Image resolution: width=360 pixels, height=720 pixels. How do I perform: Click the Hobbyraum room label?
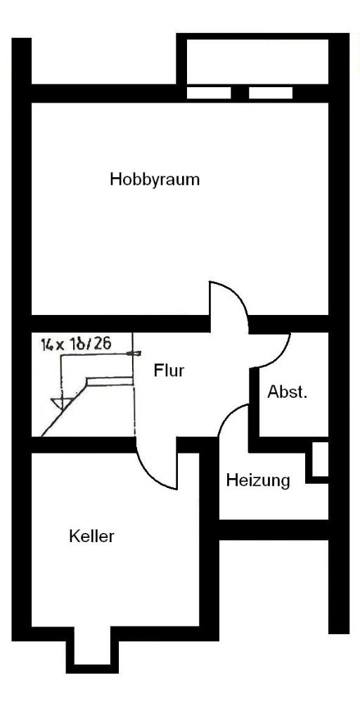[x=155, y=179]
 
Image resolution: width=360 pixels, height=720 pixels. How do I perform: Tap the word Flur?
[x=169, y=371]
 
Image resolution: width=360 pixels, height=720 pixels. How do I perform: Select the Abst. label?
[x=288, y=392]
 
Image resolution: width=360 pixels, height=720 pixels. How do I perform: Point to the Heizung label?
[x=258, y=481]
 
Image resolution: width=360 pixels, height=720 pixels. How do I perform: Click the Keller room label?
[x=91, y=536]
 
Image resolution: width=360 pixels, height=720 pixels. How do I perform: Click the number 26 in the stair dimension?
[x=103, y=344]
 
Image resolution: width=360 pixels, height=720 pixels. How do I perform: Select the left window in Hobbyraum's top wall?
[x=208, y=93]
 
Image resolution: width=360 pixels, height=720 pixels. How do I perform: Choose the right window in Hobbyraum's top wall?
[x=271, y=93]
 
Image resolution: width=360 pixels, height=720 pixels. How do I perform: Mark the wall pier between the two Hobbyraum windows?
[x=240, y=93]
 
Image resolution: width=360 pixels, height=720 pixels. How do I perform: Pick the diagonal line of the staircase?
[x=64, y=406]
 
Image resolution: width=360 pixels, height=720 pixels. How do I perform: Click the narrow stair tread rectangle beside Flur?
[x=110, y=381]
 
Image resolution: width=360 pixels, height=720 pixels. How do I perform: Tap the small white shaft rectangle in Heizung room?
[x=321, y=459]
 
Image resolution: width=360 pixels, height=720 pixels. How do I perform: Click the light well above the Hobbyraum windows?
[x=257, y=62]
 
